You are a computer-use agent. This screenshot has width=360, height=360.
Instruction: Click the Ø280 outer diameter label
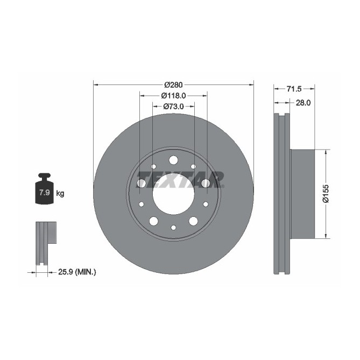[173, 84]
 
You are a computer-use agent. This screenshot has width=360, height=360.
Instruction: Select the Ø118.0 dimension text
[173, 96]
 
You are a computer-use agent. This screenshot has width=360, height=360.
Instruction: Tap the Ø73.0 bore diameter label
[173, 107]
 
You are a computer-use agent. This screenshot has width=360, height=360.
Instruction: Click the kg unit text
[60, 193]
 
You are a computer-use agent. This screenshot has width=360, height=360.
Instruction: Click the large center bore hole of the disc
[173, 193]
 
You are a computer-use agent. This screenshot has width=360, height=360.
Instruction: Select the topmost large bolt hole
[173, 160]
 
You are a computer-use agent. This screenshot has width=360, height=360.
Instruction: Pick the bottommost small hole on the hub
[173, 228]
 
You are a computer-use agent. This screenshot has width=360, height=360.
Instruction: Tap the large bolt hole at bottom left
[154, 221]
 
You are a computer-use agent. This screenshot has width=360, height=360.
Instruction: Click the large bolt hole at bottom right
[193, 221]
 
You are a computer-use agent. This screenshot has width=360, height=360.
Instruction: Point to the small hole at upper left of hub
[154, 166]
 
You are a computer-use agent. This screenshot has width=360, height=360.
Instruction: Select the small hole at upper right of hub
[193, 166]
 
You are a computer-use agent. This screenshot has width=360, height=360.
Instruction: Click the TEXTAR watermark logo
[180, 179]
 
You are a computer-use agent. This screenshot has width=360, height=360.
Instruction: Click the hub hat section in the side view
[301, 193]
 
